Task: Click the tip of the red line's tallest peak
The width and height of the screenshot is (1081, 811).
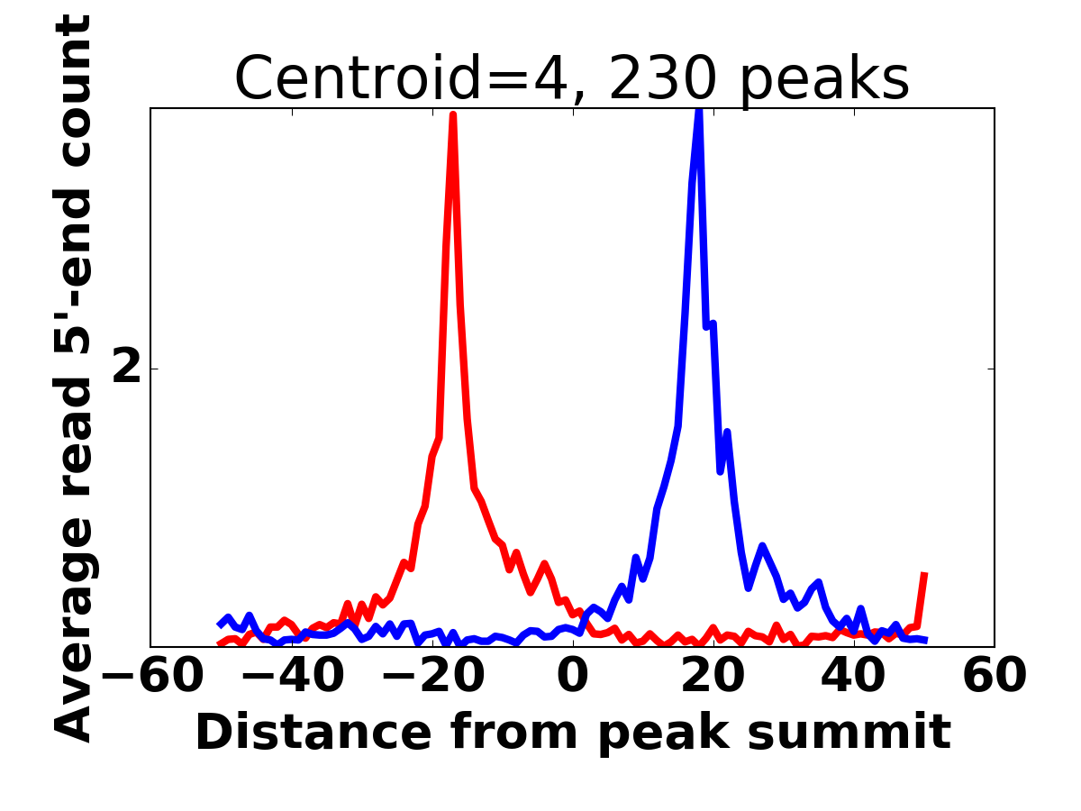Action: pyautogui.click(x=452, y=114)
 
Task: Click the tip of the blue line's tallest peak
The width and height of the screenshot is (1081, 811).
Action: pyautogui.click(x=698, y=110)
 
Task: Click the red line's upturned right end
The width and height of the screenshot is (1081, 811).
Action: pyautogui.click(x=924, y=574)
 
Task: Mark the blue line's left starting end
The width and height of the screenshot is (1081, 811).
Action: pyautogui.click(x=220, y=624)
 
